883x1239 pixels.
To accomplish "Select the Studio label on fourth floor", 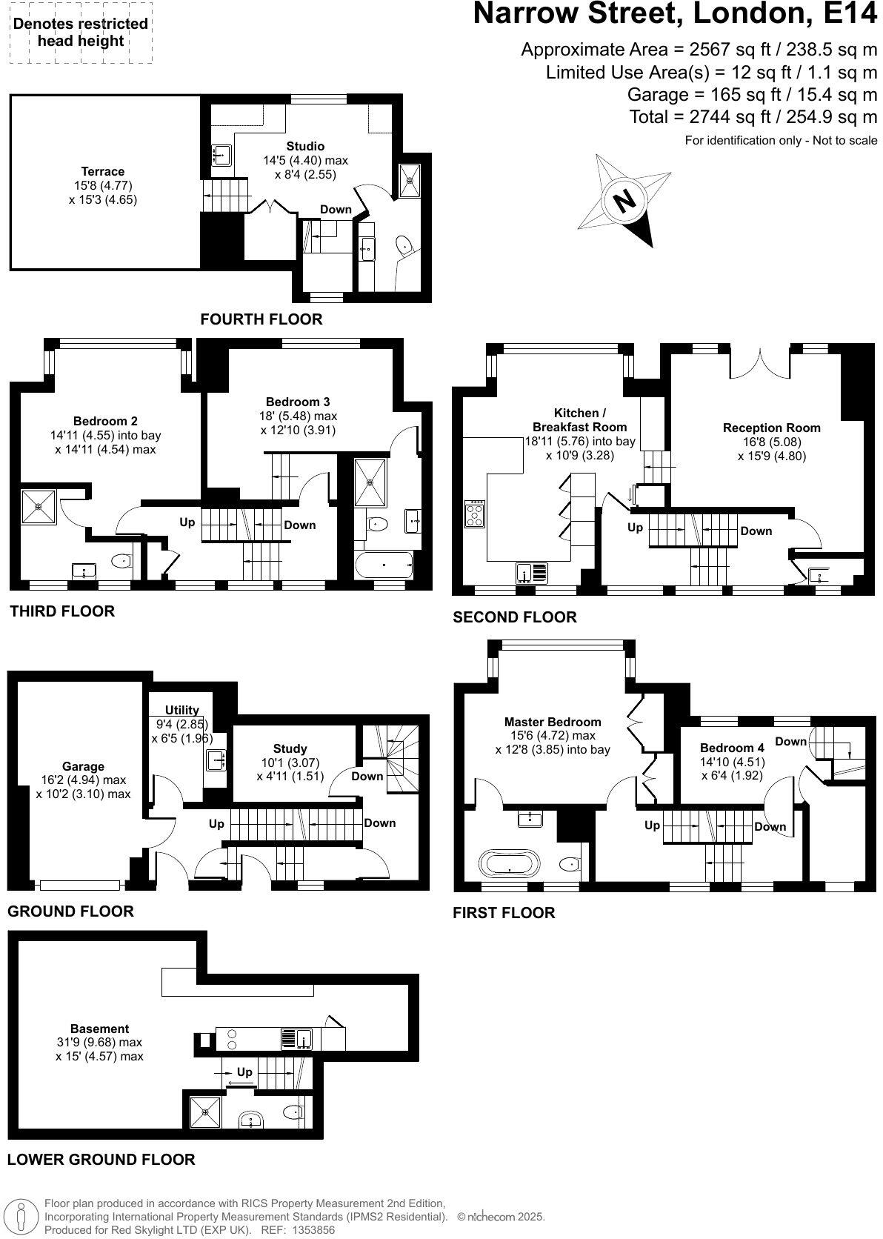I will (305, 146).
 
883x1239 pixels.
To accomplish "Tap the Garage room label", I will (83, 766).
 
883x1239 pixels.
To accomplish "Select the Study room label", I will (290, 748).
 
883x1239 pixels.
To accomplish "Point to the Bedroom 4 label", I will (732, 747).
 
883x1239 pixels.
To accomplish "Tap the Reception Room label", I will (771, 428).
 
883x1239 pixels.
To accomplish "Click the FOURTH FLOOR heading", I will (261, 319).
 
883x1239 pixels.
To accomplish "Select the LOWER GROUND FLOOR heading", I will (101, 1160).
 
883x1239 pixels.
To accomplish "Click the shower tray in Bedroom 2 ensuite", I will (39, 507).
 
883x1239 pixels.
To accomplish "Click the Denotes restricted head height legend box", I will (80, 33).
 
